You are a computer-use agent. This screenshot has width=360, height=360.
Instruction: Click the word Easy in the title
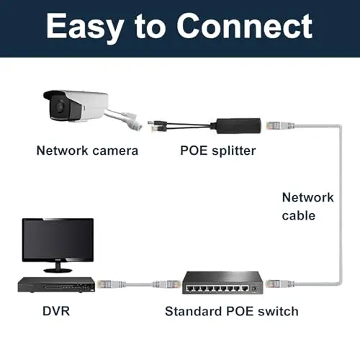point(85,27)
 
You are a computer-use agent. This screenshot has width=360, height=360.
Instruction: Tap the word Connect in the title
point(244,26)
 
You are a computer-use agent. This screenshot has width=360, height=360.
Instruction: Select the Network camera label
point(87,150)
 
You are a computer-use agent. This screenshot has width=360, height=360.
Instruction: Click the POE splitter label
point(218,151)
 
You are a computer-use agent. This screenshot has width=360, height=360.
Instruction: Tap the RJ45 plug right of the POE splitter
point(280,126)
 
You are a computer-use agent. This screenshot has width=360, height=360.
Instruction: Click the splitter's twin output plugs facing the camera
point(158,125)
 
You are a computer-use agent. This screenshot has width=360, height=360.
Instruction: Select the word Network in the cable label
point(308,197)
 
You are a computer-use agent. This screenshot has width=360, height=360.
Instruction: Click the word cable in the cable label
point(299,215)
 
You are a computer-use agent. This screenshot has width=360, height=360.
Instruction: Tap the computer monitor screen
point(58,240)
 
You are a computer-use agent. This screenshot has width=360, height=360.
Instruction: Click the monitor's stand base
point(58,270)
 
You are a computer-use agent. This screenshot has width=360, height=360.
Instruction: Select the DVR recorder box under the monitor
point(56,284)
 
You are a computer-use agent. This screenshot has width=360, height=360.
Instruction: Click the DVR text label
point(56,311)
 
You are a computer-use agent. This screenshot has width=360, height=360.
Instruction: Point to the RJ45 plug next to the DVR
point(111,284)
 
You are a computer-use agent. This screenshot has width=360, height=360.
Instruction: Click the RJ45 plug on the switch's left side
point(166,284)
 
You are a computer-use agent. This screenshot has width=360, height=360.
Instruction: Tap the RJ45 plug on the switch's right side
point(280,284)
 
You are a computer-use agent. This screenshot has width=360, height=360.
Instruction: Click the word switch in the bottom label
point(278,311)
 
